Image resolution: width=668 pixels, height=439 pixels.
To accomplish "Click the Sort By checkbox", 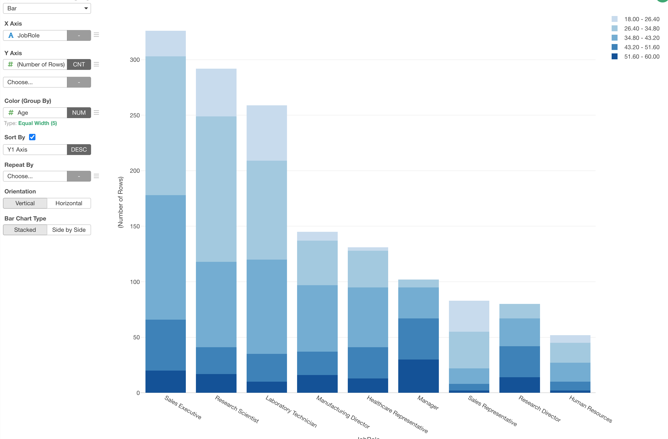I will [32, 137].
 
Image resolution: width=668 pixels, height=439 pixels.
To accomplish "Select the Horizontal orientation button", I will [69, 203].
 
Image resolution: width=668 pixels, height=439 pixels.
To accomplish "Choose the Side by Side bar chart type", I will [69, 230].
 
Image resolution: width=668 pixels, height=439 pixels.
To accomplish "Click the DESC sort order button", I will [79, 150].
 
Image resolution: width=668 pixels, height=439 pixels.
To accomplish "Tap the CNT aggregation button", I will [79, 64].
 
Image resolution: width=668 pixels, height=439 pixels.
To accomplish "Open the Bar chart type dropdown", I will [47, 8].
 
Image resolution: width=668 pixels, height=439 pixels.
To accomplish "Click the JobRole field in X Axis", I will [35, 36].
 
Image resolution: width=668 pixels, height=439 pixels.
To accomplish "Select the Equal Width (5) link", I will [38, 123].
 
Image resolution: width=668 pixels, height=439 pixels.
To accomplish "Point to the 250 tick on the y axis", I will [135, 115].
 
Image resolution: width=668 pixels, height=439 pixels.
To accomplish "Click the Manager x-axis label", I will [428, 403].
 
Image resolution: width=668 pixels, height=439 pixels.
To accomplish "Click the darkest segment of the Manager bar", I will [418, 376].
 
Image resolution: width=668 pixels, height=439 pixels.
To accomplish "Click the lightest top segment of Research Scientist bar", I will [216, 92].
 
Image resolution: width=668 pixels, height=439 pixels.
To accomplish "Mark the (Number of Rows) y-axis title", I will [120, 202].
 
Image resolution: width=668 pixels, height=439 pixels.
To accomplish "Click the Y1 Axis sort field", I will [35, 150].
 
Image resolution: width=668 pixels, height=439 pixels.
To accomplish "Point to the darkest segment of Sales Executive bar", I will [166, 381].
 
